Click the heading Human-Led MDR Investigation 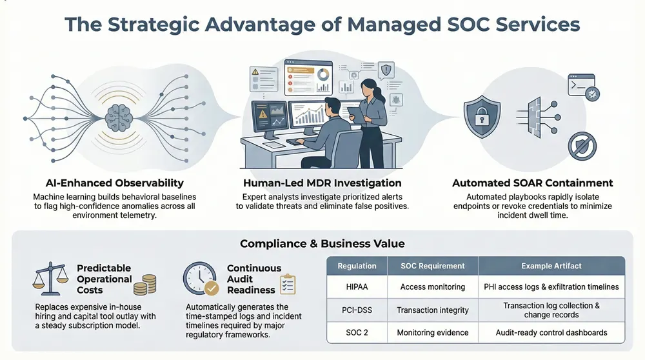pos(322,183)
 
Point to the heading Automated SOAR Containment pos(531,183)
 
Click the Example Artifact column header pos(551,266)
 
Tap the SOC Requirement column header pos(432,266)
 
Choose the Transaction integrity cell pos(432,310)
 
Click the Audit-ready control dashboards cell pos(551,333)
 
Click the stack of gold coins pos(148,284)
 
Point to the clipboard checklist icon pos(288,284)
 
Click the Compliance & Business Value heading pos(322,244)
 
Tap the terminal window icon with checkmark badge pos(581,86)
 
